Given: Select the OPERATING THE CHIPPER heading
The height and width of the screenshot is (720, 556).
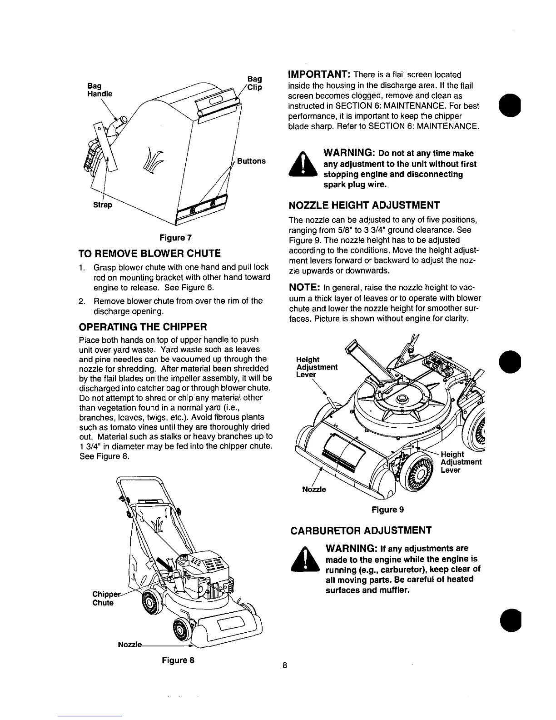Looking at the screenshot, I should click(143, 327).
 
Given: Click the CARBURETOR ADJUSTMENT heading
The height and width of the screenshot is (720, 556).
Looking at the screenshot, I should click(361, 530).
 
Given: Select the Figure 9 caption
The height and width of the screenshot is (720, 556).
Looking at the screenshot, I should click(387, 510).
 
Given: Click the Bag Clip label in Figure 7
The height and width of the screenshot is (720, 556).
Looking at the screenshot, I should click(255, 83).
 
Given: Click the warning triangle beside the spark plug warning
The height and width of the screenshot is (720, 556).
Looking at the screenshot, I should click(302, 165).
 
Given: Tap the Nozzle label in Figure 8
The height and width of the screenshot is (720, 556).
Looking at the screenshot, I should click(130, 645).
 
